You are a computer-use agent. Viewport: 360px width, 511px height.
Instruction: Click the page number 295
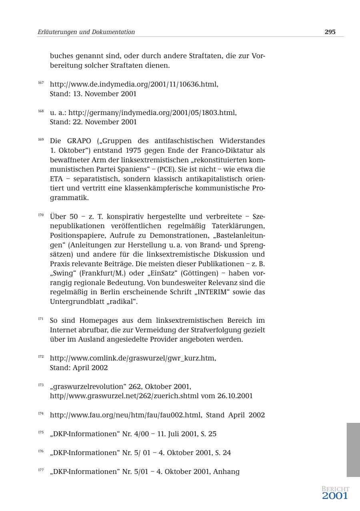[x=330, y=32]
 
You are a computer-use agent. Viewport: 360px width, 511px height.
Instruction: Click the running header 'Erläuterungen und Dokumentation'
[x=86, y=32]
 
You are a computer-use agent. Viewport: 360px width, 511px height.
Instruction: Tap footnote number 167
[x=41, y=83]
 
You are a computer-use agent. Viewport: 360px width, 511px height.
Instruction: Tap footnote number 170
[x=41, y=215]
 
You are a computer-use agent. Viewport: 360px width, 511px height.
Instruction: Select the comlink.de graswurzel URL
[x=133, y=358]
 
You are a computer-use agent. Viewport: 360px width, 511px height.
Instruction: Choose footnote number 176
[x=41, y=451]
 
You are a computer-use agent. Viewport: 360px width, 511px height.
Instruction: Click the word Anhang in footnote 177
[x=226, y=472]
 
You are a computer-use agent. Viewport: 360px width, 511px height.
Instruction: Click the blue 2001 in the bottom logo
[x=335, y=496]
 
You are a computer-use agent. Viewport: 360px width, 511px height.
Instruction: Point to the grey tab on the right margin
[x=353, y=450]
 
